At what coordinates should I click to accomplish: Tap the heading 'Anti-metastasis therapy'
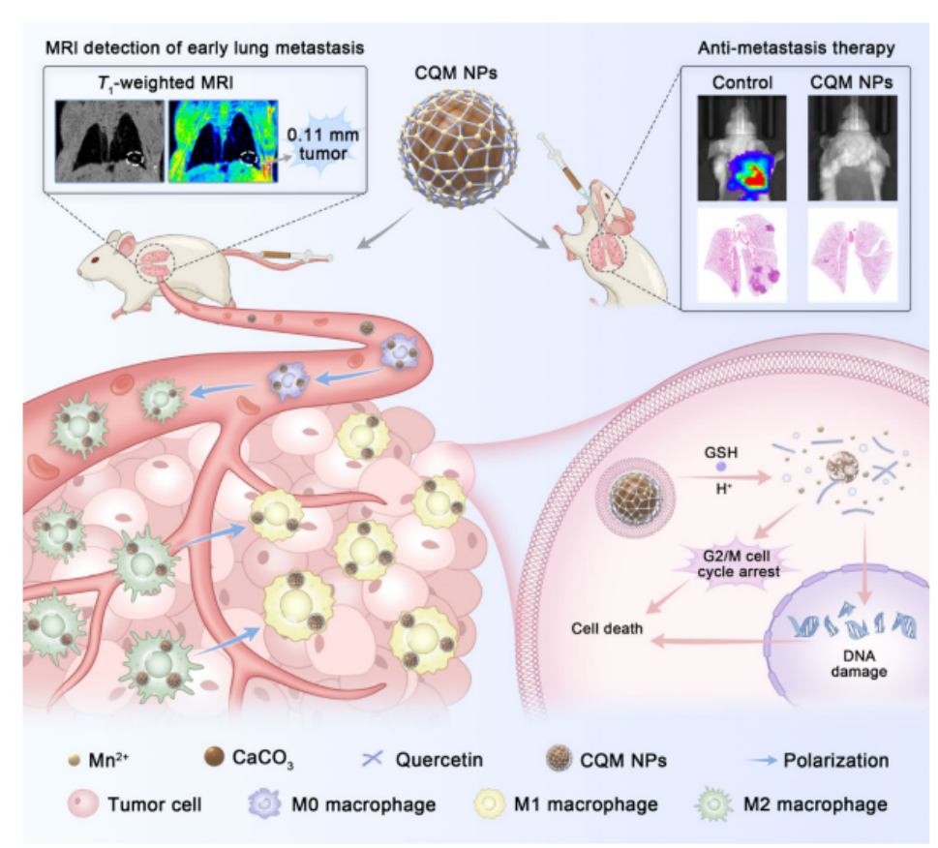[x=796, y=46]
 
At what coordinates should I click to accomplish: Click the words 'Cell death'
[x=606, y=628]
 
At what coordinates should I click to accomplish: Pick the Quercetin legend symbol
[x=371, y=760]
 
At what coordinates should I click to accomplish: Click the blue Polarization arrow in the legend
[x=772, y=761]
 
